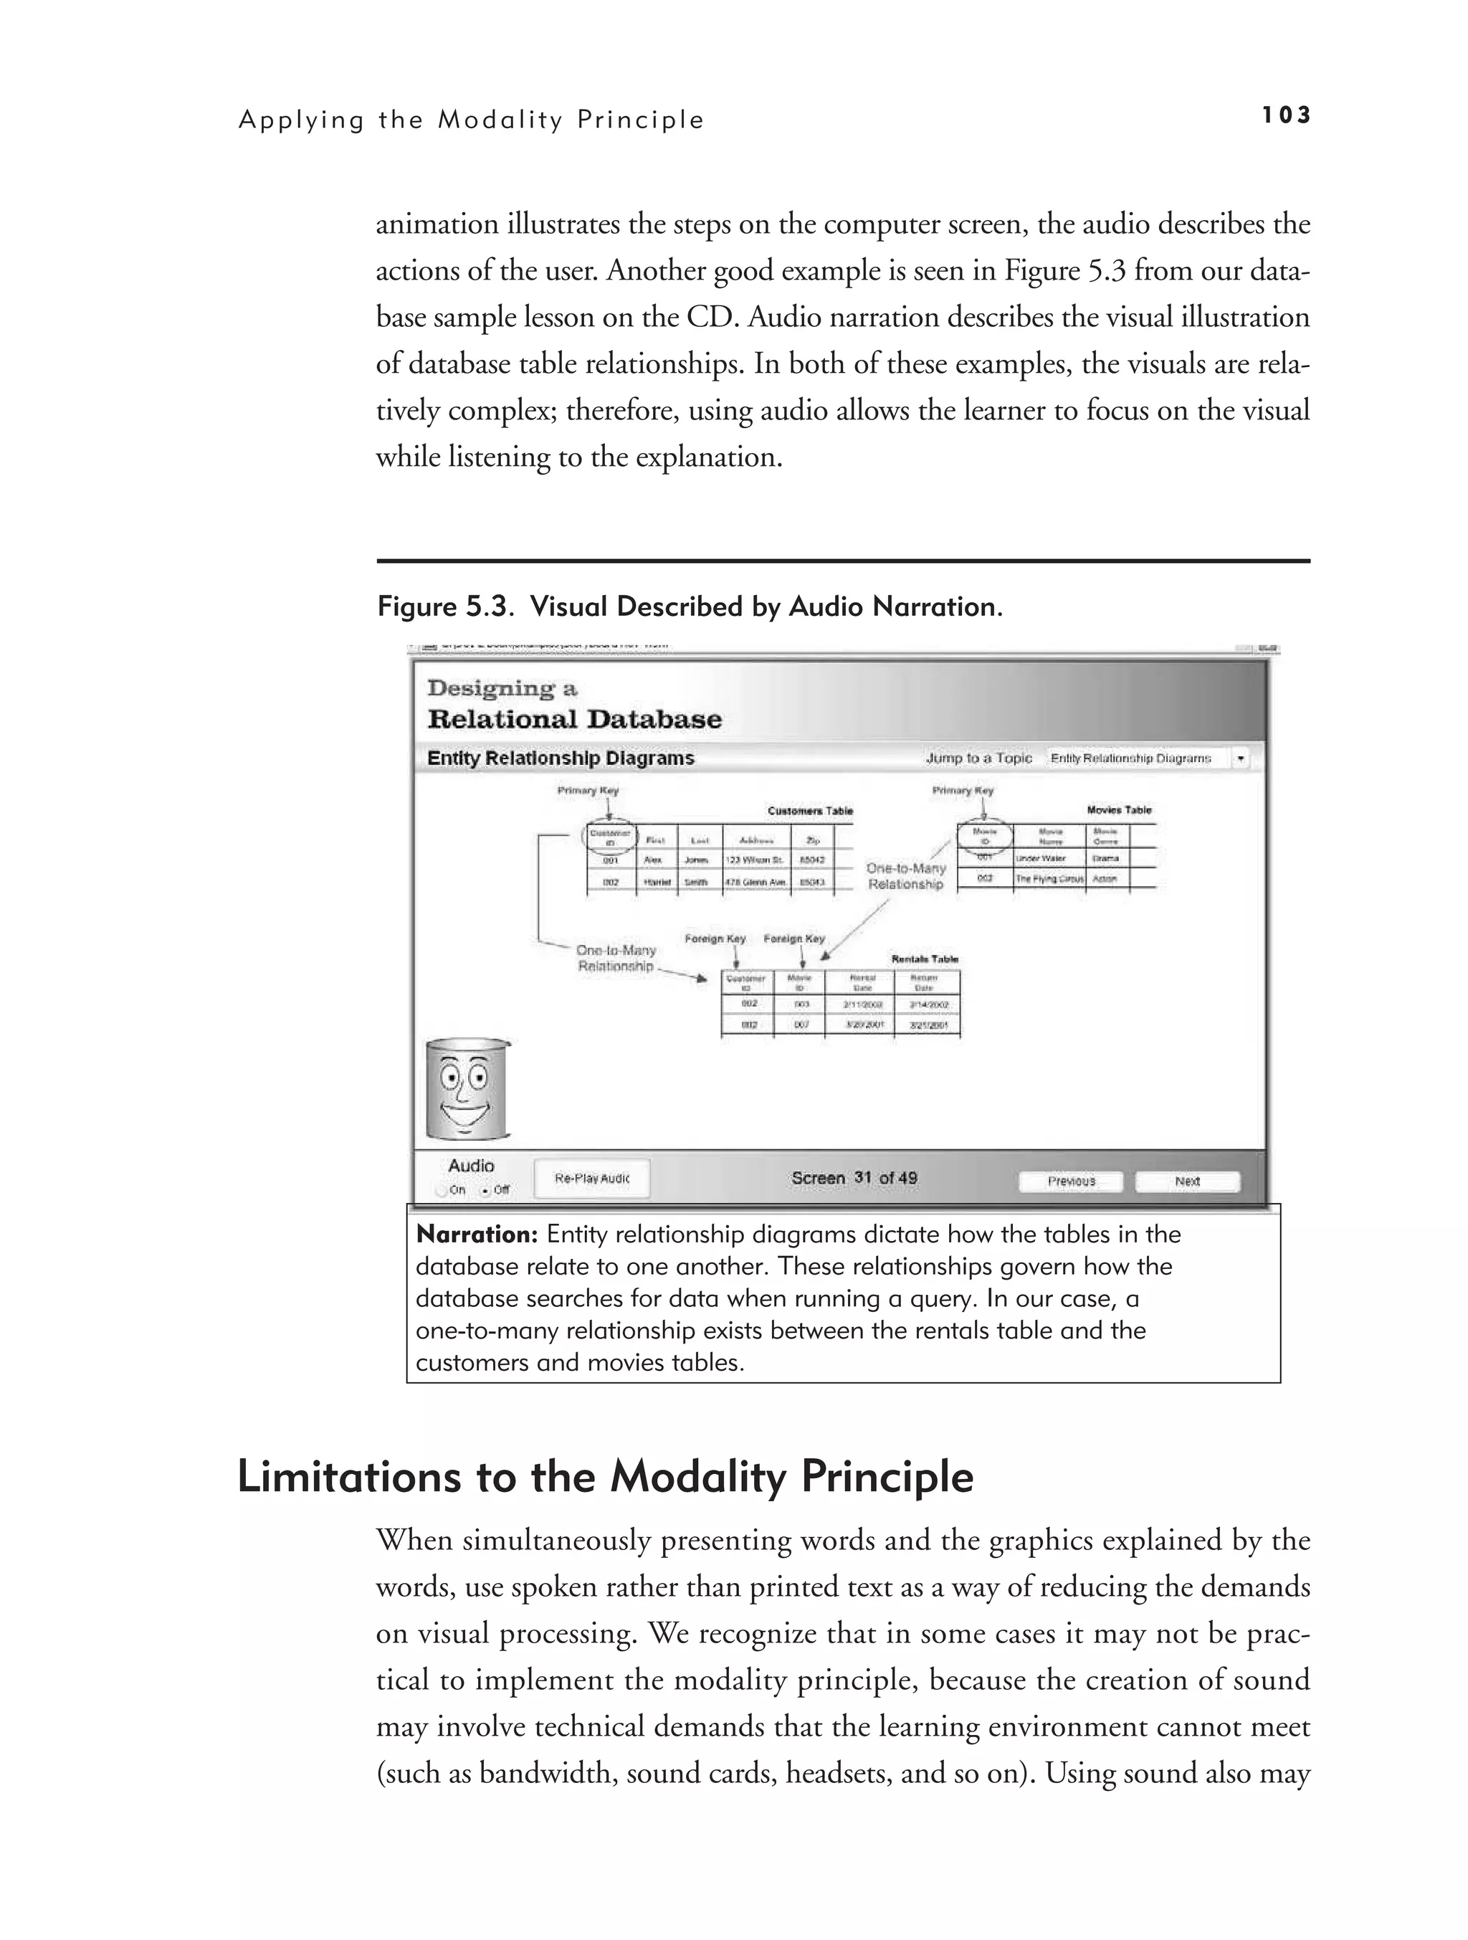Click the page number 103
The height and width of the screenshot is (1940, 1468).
pos(1286,115)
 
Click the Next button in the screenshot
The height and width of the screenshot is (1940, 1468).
pos(1188,1181)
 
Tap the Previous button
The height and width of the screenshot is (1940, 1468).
pos(1071,1181)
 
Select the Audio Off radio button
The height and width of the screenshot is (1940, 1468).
pos(486,1190)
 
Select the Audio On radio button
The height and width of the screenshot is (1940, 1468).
pos(441,1190)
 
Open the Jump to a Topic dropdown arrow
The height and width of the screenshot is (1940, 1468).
pos(1240,759)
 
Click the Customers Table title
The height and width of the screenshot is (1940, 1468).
pos(809,812)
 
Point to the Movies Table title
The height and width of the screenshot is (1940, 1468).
pos(1119,810)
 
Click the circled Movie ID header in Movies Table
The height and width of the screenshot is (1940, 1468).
pos(984,836)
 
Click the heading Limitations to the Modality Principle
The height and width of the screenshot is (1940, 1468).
pos(605,1478)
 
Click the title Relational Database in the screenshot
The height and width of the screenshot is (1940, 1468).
pos(574,719)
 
